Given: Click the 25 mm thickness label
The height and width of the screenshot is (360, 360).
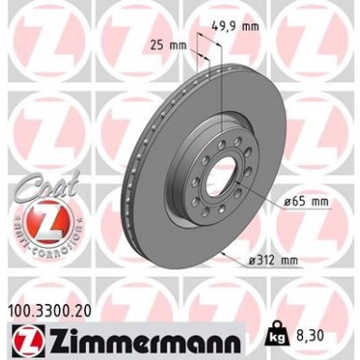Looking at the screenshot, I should point(168,44).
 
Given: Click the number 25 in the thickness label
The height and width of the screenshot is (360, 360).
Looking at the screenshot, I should point(157,44).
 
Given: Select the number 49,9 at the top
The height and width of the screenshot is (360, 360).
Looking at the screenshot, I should point(223,27).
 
